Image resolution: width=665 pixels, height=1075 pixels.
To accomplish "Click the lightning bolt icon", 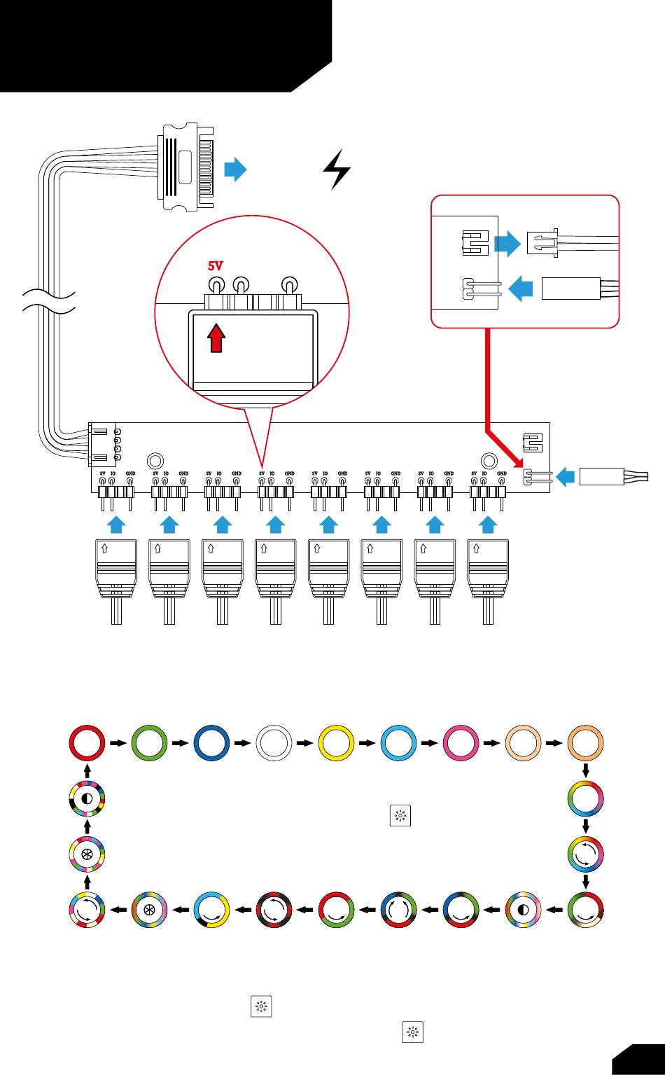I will coord(337,169).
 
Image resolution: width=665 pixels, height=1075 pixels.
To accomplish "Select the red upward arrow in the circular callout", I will coord(218,338).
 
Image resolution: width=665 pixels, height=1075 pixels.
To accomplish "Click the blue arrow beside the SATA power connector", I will coord(236,169).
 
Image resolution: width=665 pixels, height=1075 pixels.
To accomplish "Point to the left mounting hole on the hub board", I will coord(155,461).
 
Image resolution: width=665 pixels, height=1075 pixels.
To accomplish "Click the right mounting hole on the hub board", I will coord(489,461).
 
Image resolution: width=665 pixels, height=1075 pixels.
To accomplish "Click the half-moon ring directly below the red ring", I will coord(87,799).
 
